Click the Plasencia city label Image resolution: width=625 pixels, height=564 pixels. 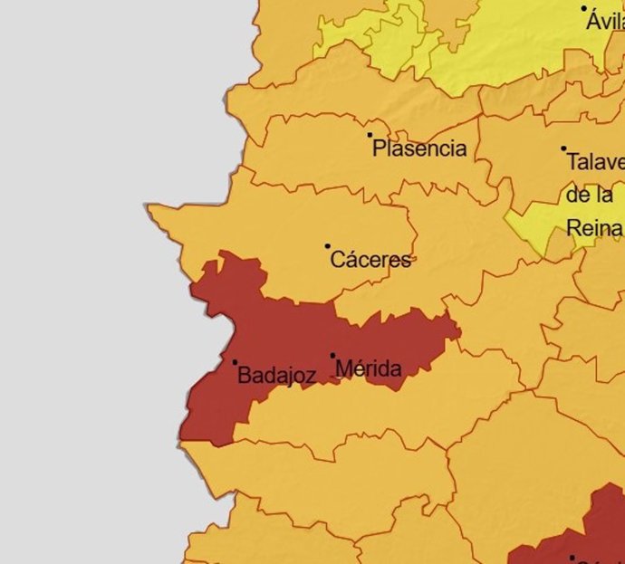(419, 149)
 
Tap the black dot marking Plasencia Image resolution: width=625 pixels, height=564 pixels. (370, 135)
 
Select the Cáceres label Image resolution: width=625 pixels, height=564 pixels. (370, 261)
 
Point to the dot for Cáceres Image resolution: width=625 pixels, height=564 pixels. (328, 245)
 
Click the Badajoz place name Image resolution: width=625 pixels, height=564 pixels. (276, 376)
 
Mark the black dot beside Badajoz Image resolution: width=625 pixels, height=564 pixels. (235, 362)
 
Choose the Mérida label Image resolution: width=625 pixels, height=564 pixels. (368, 368)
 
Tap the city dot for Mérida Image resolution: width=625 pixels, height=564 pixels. (332, 356)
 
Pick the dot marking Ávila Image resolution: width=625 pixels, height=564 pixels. (584, 8)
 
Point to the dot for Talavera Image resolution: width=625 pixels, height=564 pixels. (563, 148)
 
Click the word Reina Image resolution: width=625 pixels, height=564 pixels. (594, 227)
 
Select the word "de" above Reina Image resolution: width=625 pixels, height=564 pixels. (579, 195)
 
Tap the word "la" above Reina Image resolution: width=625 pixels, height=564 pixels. (610, 195)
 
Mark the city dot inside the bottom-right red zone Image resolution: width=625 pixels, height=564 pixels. (572, 558)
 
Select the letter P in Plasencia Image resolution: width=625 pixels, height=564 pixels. (380, 149)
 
